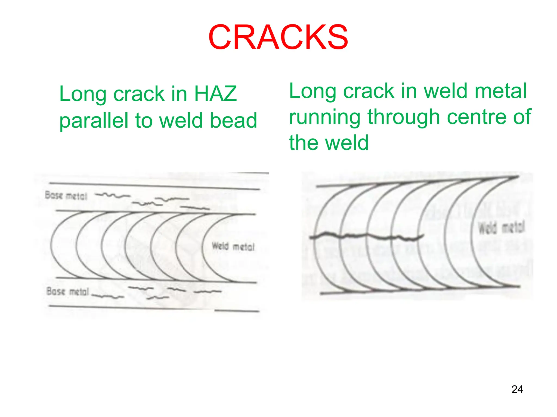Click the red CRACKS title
click(278, 37)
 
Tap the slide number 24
click(517, 389)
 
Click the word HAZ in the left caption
click(215, 94)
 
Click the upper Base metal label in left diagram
click(66, 195)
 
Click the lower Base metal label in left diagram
click(68, 291)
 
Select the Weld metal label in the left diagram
click(233, 247)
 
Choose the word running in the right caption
click(325, 117)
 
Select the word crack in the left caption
click(139, 94)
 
